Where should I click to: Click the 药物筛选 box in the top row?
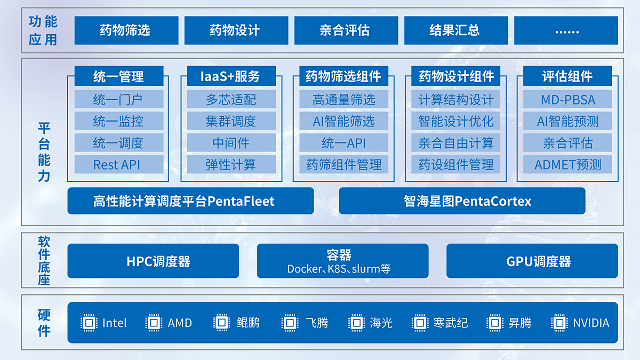tap(126, 30)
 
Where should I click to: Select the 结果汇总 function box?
tap(456, 30)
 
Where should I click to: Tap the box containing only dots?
tap(566, 30)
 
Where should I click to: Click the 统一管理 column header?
tap(119, 76)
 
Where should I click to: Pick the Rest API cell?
tap(119, 164)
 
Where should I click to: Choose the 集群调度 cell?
tap(231, 121)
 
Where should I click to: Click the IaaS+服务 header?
tap(231, 76)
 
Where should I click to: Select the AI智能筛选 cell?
tap(343, 121)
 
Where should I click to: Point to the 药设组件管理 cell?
tap(455, 164)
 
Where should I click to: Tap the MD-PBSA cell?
tap(567, 99)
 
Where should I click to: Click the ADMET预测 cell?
tap(567, 164)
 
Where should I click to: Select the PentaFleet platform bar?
tap(190, 201)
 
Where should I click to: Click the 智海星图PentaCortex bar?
tap(462, 201)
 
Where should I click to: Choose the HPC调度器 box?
tap(153, 261)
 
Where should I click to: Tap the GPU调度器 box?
tap(532, 261)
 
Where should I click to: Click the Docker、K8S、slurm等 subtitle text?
tap(339, 269)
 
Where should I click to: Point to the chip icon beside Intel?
tap(89, 323)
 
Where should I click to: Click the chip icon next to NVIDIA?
tap(559, 323)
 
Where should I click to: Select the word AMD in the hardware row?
tap(180, 323)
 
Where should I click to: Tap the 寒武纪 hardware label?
tap(451, 323)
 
